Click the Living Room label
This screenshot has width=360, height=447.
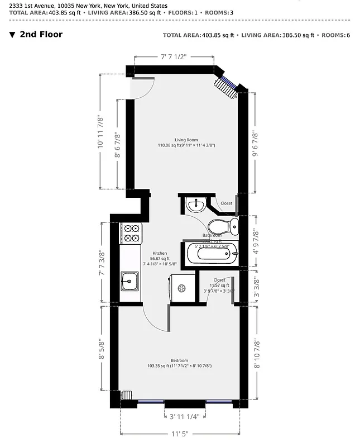tap(186, 140)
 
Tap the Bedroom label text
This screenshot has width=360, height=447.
tap(179, 360)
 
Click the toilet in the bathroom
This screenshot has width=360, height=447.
tap(223, 226)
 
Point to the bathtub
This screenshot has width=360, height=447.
tap(210, 254)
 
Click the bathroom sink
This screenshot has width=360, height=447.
tap(195, 206)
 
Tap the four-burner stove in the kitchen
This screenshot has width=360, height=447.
tap(131, 232)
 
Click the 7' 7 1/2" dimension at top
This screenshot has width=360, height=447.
tap(173, 56)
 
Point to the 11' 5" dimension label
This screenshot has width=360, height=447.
tap(181, 434)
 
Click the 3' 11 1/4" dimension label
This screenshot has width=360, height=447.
tap(185, 416)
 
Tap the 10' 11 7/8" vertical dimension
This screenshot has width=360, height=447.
tap(100, 131)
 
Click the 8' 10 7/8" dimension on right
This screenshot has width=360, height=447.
tap(257, 353)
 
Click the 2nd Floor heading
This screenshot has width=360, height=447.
tap(41, 34)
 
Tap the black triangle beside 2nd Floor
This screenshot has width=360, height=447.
tap(12, 35)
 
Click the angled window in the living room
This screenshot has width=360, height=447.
tap(226, 84)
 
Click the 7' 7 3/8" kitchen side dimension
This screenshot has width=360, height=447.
tap(102, 263)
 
